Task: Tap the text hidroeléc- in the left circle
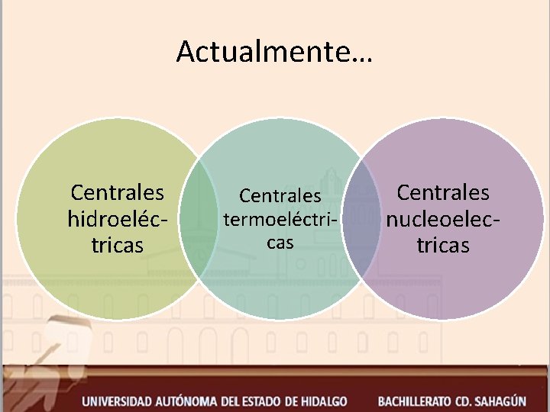point(117,219)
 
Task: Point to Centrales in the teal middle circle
point(280,196)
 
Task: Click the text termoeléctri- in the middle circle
point(280,220)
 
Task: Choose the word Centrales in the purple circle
point(443,192)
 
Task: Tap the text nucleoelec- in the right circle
point(443,219)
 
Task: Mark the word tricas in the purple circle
point(443,246)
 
